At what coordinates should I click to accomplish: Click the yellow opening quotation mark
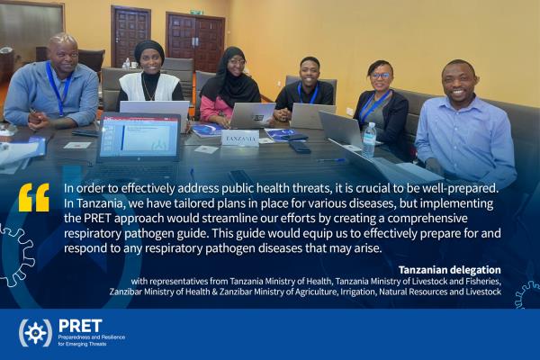(34, 197)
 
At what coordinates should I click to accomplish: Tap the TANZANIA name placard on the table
(240, 139)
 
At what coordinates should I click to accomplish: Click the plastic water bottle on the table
(369, 139)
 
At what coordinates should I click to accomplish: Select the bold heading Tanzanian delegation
(449, 270)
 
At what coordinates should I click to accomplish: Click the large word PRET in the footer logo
(80, 326)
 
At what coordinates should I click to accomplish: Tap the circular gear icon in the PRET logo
(35, 333)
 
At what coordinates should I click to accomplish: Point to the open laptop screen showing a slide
(139, 136)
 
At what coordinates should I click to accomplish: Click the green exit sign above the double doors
(196, 13)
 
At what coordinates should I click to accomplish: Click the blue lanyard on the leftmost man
(58, 89)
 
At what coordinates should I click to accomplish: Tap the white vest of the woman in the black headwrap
(149, 87)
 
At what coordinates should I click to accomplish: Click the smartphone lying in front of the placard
(300, 147)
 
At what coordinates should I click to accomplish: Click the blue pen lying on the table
(331, 160)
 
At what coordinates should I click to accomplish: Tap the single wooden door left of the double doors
(130, 36)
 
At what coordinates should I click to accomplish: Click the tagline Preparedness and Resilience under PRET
(92, 337)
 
